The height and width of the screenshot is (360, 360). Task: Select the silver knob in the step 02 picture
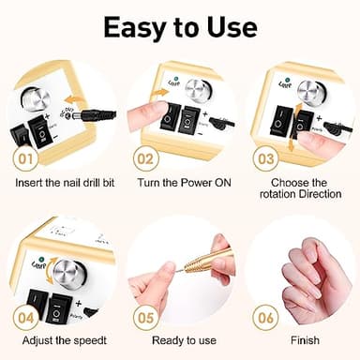[x=196, y=90]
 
